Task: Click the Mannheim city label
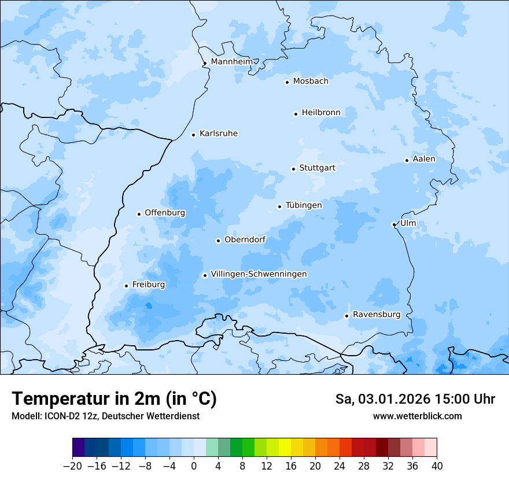232,62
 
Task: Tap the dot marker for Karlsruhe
194,135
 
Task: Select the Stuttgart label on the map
317,168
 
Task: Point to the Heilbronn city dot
296,114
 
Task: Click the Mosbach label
311,82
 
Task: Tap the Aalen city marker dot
407,160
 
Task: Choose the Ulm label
408,223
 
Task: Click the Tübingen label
304,205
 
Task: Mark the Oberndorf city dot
218,241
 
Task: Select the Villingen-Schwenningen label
259,274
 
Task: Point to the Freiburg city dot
126,286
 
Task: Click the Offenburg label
165,213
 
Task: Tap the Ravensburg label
377,315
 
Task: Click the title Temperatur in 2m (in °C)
114,399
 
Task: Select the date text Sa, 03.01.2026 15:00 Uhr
415,400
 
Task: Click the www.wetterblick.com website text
417,416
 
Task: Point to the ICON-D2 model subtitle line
105,416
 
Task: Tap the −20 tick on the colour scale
72,466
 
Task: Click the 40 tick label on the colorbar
437,466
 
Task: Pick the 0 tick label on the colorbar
194,466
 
